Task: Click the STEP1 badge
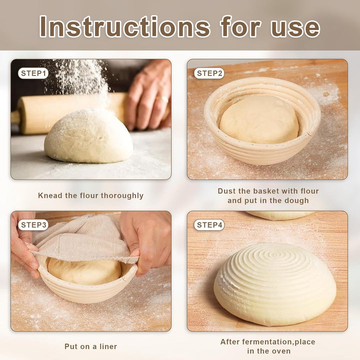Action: pos(33,73)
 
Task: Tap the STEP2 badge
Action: pos(209,73)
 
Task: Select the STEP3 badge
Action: pos(33,225)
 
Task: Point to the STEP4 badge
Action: pos(209,225)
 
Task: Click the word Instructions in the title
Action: pos(124,26)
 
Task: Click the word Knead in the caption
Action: pos(50,195)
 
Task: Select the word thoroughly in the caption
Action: pos(122,196)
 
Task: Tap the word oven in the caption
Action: pos(280,351)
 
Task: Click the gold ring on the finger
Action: pos(162,99)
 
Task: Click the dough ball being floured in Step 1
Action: pos(88,136)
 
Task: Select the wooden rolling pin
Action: pos(69,112)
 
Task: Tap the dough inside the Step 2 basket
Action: pos(259,119)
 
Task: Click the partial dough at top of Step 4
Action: pos(280,215)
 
